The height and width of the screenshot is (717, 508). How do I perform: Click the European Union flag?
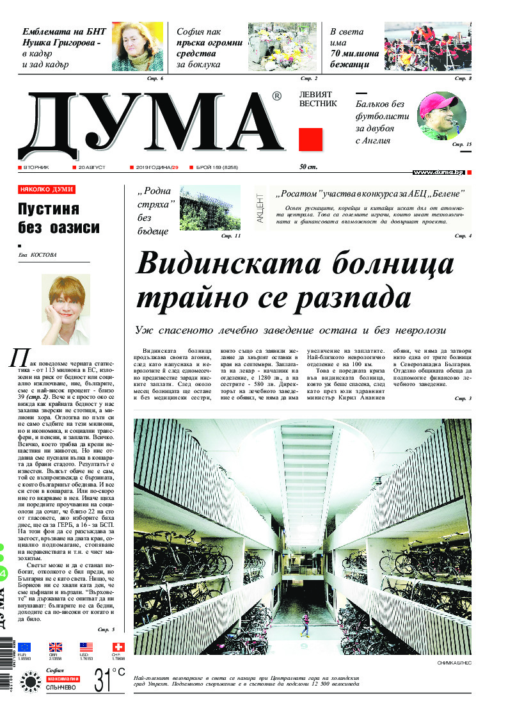click(24, 647)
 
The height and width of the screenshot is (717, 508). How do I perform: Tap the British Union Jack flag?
click(56, 647)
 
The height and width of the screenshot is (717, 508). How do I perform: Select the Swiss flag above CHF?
click(118, 647)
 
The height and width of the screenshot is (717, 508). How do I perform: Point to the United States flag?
click(86, 647)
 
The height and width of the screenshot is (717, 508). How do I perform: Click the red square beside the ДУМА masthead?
click(310, 138)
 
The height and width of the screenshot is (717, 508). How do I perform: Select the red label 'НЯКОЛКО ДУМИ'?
click(46, 189)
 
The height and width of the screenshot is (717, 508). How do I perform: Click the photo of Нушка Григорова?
click(138, 46)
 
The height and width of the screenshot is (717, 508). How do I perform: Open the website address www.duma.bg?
click(438, 172)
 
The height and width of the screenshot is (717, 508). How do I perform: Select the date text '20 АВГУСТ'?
click(91, 167)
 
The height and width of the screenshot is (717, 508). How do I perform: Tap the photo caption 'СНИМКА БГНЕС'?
click(454, 663)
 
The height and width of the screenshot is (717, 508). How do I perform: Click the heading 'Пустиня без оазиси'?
click(58, 218)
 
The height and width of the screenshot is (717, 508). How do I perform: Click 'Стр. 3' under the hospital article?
click(463, 399)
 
